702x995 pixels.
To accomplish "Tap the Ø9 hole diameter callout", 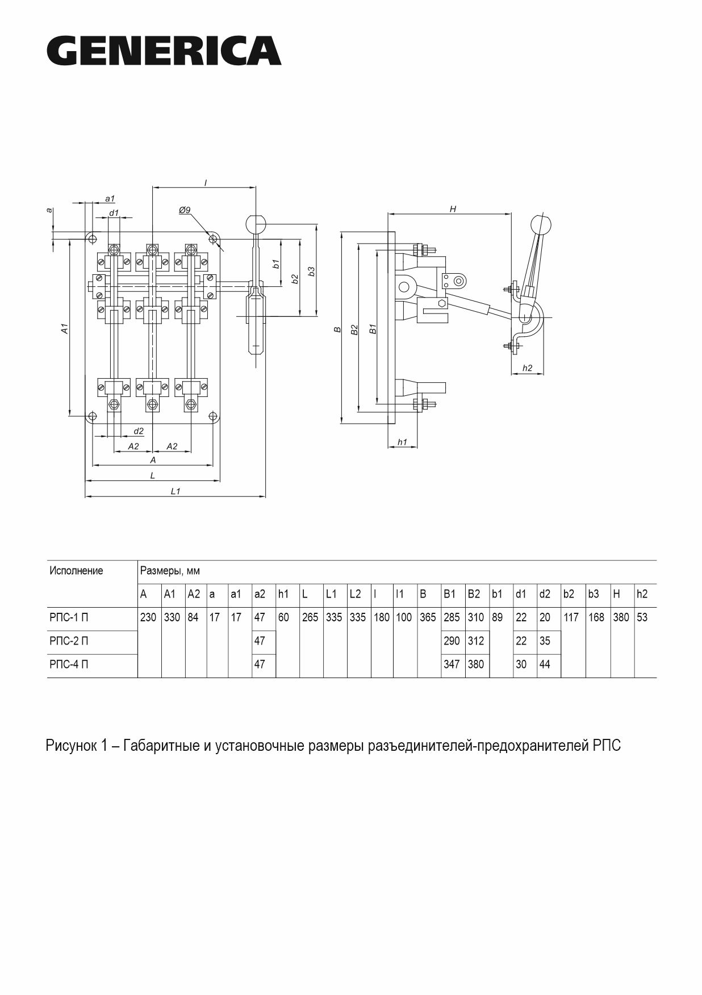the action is (185, 210).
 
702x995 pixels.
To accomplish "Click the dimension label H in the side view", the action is (453, 209).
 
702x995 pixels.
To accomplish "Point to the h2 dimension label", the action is (527, 368).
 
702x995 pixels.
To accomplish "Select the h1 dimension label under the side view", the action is (402, 441).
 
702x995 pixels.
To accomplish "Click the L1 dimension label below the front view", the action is (175, 491).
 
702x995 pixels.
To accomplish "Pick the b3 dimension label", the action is (311, 271).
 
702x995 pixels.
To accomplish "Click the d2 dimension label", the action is (139, 431).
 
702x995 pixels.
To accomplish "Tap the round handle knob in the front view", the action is (256, 223).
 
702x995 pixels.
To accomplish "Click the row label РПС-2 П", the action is (69, 641).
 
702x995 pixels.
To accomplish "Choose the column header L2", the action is (355, 595).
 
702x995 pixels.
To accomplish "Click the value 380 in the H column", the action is (621, 617).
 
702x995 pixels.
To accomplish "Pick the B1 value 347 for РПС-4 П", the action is (452, 664).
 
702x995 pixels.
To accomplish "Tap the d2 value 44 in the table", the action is (545, 664).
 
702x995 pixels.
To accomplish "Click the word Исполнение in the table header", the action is (76, 571).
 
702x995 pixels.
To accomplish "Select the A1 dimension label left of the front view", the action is (65, 328).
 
